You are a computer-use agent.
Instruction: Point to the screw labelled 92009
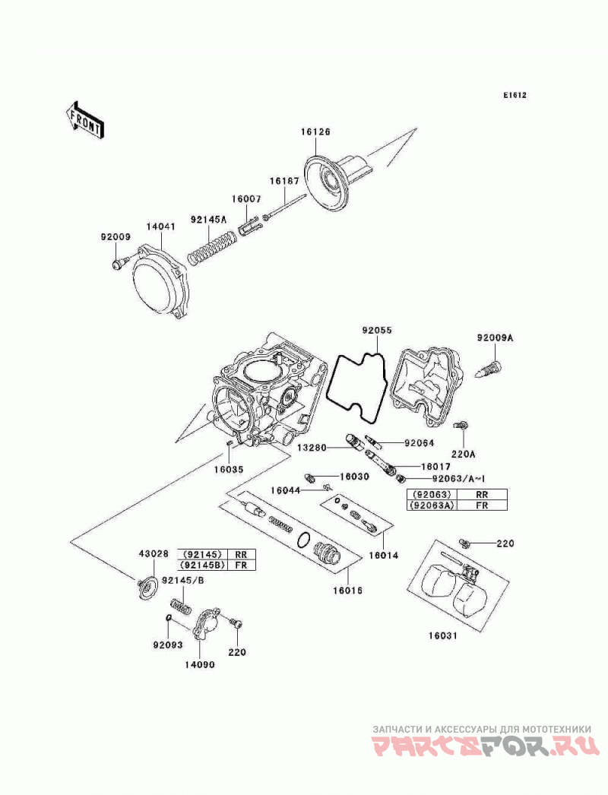pos(118,264)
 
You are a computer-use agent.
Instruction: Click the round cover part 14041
pos(160,283)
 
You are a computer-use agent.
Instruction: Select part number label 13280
pos(312,448)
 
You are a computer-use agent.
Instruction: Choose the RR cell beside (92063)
pos(482,494)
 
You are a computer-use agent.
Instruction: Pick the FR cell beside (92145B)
pos(242,565)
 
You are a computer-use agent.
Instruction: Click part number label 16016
pos(348,591)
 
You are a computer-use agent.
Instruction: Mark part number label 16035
pos(228,470)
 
